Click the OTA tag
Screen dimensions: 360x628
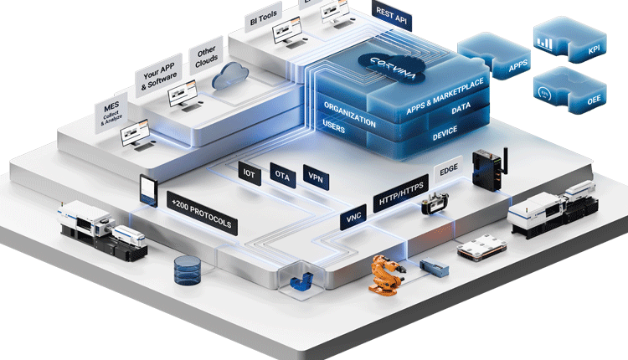tap(282, 174)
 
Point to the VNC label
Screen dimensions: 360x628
tap(353, 219)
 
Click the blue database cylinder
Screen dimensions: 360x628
tap(188, 270)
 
